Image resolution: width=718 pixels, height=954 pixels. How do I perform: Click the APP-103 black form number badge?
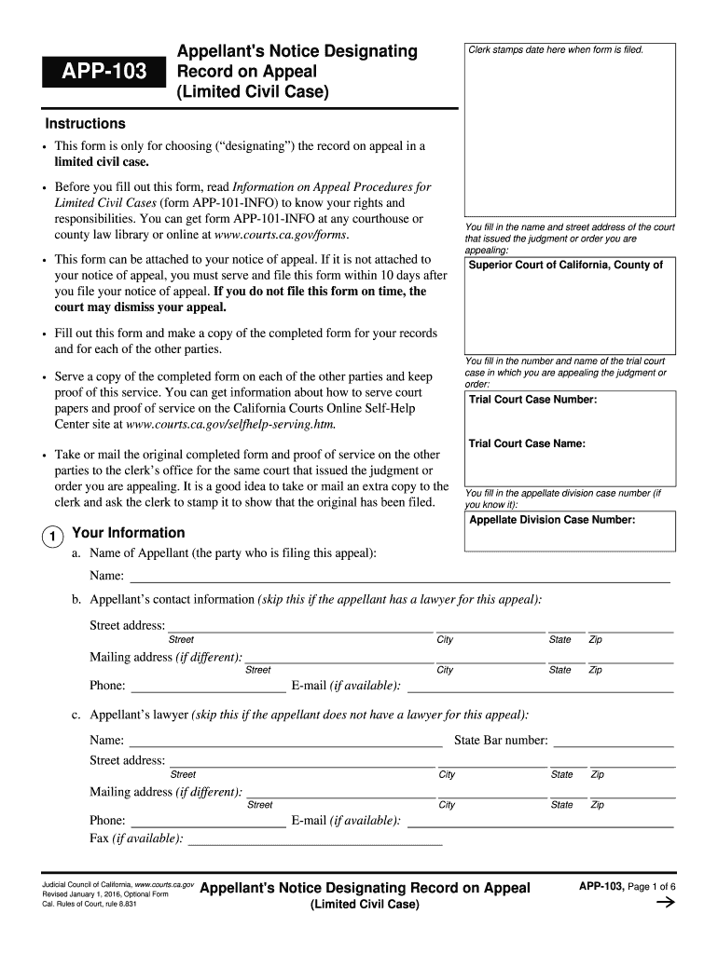(103, 72)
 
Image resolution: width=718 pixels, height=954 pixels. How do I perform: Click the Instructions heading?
(85, 124)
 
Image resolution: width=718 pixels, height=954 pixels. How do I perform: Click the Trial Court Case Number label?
(532, 400)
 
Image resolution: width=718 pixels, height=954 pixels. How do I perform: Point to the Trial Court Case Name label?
(527, 443)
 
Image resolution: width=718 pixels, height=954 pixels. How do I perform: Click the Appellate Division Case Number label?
(552, 520)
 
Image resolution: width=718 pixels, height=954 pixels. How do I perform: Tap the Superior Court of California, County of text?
(565, 266)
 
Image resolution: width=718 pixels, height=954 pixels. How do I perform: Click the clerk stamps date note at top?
(556, 49)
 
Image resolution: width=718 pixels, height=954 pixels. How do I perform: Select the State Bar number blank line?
(613, 743)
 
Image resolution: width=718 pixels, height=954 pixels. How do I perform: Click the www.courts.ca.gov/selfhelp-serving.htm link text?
(230, 424)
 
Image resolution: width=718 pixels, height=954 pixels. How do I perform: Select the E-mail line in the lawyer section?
(541, 823)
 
